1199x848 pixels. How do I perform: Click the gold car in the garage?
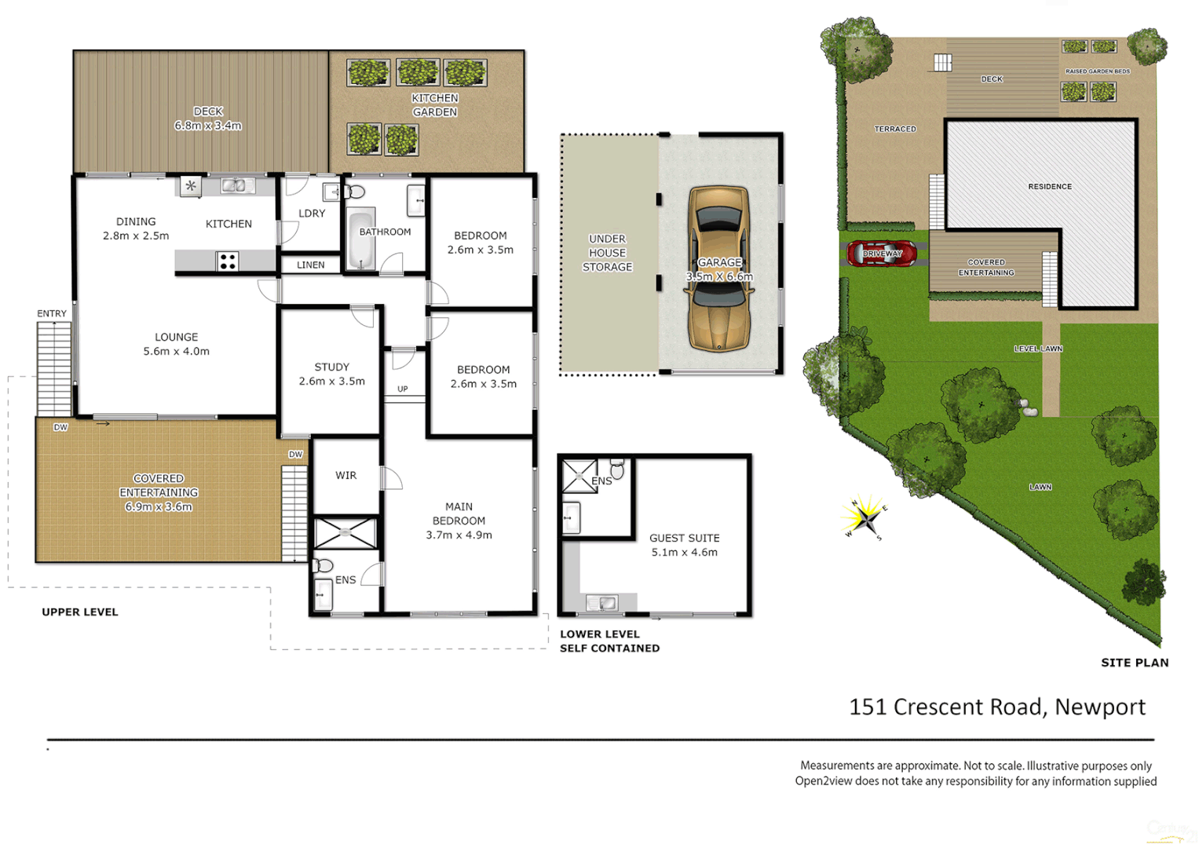[718, 269]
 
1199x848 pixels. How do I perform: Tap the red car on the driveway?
[882, 254]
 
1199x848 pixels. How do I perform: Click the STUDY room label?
[331, 367]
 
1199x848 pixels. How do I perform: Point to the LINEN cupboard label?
[311, 265]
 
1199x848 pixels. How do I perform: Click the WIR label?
[345, 475]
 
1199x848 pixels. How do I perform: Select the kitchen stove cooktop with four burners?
[228, 261]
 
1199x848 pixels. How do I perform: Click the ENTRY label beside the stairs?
[52, 313]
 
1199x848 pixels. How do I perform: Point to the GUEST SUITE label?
[684, 538]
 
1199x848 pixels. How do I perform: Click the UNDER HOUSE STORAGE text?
[607, 253]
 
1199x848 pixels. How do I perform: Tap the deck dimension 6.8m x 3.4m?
[208, 126]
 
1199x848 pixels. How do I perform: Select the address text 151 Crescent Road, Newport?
[997, 707]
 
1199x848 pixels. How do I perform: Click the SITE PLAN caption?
[1135, 663]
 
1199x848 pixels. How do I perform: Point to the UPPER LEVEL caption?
[80, 612]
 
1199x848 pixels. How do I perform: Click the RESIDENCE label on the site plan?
[1050, 187]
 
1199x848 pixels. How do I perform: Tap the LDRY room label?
[312, 213]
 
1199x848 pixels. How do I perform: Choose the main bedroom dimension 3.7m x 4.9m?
[459, 535]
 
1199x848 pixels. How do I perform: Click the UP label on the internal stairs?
[403, 389]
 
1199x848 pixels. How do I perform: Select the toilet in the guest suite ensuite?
[618, 470]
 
